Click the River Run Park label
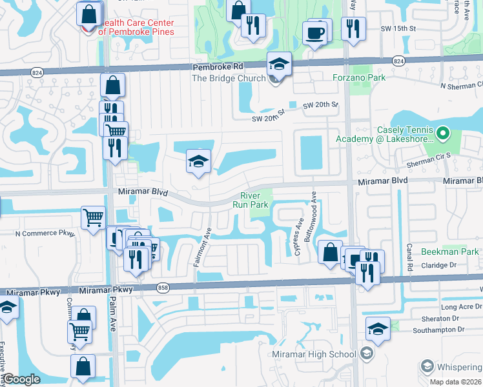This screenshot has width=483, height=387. (254, 200)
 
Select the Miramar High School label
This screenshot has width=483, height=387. (323, 354)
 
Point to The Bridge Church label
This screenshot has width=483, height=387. (229, 79)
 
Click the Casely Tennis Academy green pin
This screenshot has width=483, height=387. (443, 134)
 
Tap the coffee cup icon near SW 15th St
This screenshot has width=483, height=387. (314, 33)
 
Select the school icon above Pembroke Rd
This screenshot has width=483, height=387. (279, 63)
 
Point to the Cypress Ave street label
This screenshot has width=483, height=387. (300, 239)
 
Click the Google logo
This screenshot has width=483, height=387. (22, 379)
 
